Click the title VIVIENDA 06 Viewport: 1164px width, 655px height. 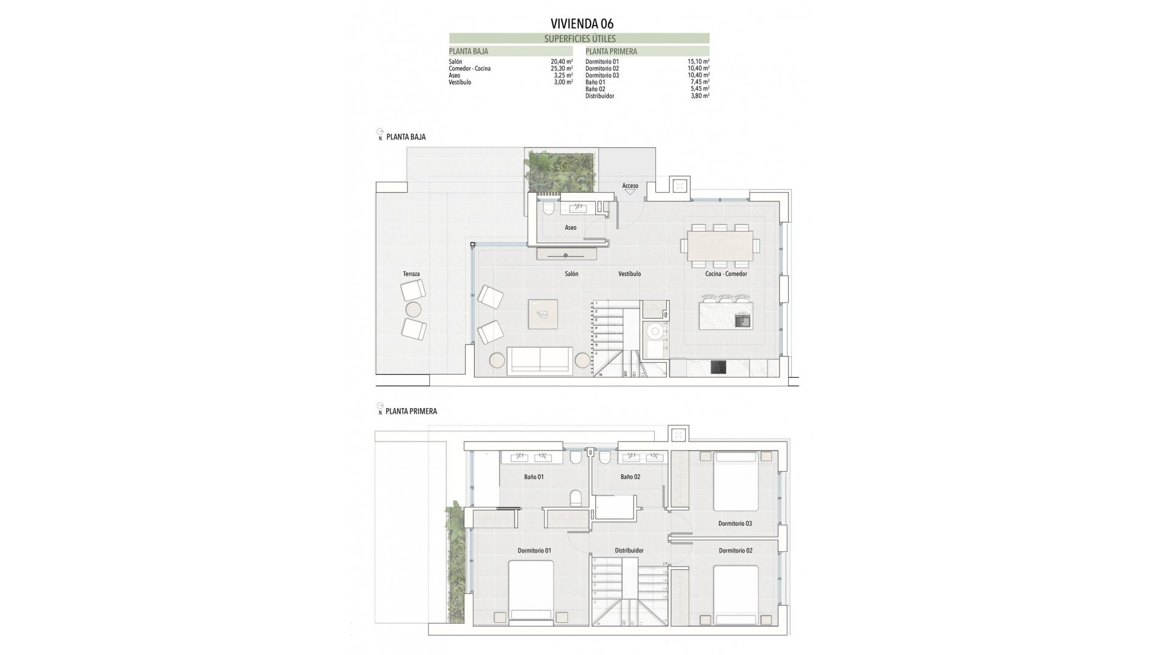582,24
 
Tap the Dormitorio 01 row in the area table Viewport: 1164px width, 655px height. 602,62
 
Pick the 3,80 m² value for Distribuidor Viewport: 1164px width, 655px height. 700,96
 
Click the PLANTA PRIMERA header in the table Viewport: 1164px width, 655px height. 611,52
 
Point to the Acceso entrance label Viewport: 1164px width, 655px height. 630,186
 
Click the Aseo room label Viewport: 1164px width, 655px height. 570,228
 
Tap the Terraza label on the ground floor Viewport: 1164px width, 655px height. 411,274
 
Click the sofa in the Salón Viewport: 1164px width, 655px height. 540,360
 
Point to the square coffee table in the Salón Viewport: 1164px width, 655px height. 543,314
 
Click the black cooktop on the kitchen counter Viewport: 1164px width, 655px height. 719,368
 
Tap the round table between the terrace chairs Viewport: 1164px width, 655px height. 413,310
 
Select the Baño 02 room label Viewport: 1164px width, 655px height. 630,477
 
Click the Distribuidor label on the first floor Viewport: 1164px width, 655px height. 629,551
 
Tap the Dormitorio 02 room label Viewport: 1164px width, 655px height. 735,551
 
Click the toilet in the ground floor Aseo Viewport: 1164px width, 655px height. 549,209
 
